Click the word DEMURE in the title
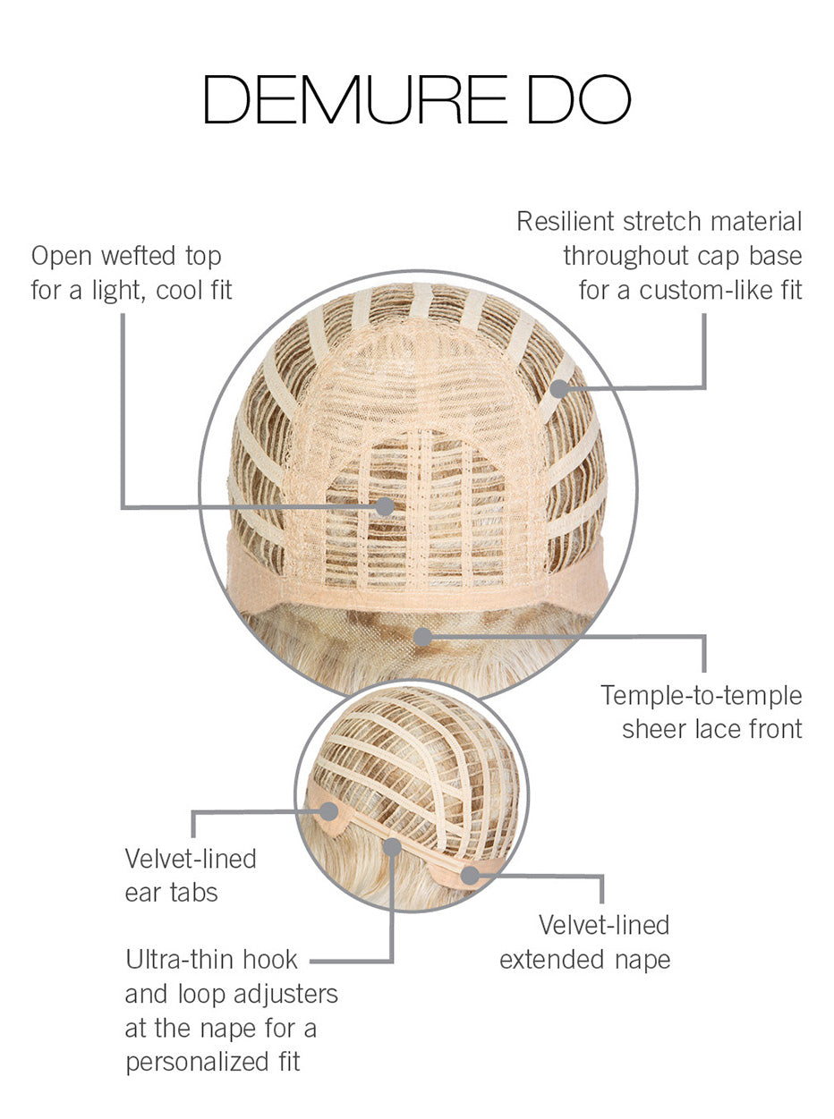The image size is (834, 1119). pyautogui.click(x=355, y=99)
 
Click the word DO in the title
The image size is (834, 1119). pyautogui.click(x=580, y=99)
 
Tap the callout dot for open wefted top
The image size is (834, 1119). pyautogui.click(x=385, y=505)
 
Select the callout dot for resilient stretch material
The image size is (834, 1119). pyautogui.click(x=559, y=388)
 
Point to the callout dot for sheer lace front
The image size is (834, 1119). pyautogui.click(x=423, y=637)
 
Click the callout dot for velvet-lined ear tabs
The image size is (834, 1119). pyautogui.click(x=328, y=811)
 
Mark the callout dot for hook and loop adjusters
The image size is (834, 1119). pyautogui.click(x=392, y=847)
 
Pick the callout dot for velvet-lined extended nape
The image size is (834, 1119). pyautogui.click(x=470, y=876)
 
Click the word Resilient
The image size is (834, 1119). pyautogui.click(x=566, y=222)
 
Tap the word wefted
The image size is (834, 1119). pyautogui.click(x=139, y=256)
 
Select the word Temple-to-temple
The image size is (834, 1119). pyautogui.click(x=702, y=696)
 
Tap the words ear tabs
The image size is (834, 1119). pyautogui.click(x=171, y=893)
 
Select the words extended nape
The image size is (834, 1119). pyautogui.click(x=585, y=960)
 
